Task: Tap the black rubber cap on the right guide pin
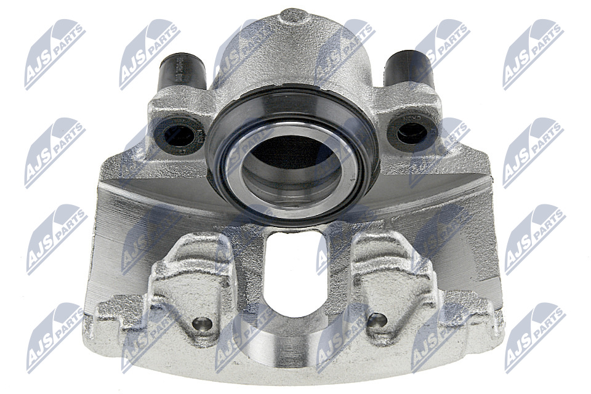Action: pyautogui.click(x=409, y=71)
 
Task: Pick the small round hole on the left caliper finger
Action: pyautogui.click(x=203, y=323)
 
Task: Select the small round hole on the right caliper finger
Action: pyautogui.click(x=377, y=320)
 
